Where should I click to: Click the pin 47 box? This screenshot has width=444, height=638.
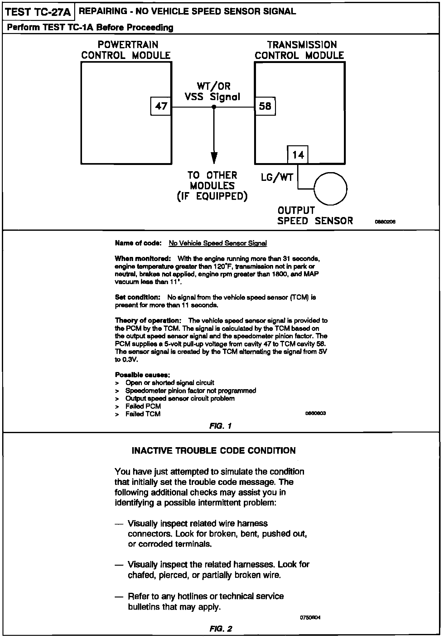point(161,106)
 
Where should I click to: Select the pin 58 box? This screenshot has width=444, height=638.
point(265,106)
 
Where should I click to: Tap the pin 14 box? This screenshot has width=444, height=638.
point(298,155)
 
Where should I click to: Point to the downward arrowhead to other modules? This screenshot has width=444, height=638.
point(214,157)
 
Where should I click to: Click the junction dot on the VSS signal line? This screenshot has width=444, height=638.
point(214,107)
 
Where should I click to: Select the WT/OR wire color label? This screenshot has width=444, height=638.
point(214,86)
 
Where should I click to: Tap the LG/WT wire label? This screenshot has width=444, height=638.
point(277,178)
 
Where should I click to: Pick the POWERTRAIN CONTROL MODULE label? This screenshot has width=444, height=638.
point(126,50)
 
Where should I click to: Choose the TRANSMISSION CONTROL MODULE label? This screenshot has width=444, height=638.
point(299,50)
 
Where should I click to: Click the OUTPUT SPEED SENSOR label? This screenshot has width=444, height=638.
point(315,215)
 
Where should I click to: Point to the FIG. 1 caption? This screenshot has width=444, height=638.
point(220,426)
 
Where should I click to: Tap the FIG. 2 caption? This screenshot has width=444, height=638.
point(221,628)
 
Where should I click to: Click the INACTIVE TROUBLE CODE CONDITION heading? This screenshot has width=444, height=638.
point(214,451)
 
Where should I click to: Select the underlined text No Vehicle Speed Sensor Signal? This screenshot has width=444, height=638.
point(218,243)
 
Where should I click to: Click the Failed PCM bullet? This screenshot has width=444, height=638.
point(143,406)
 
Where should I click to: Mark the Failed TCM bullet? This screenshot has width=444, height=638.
point(143,414)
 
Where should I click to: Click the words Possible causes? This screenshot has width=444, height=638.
point(142,375)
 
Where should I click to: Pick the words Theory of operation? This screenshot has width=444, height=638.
point(148,321)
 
